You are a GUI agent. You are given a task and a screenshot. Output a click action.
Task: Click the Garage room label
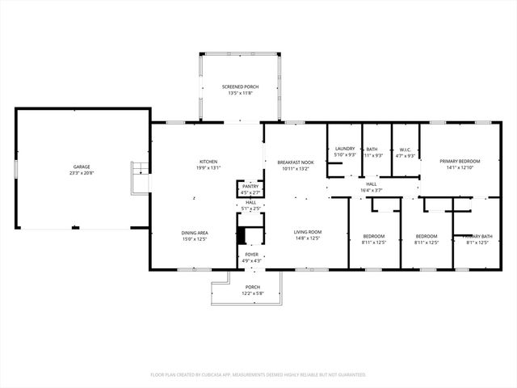(82, 166)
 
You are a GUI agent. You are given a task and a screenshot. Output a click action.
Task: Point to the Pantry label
(250, 186)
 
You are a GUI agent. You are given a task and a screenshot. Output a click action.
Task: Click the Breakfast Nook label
(296, 162)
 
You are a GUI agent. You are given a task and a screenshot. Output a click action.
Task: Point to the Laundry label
(345, 149)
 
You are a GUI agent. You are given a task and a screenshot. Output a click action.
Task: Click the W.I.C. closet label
(406, 149)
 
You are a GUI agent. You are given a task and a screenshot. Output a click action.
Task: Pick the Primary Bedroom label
(460, 161)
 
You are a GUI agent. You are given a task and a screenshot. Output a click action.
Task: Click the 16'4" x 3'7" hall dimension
(372, 190)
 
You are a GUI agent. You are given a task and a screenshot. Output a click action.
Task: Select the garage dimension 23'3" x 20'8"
(82, 173)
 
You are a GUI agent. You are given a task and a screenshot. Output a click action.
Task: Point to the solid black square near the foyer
(240, 235)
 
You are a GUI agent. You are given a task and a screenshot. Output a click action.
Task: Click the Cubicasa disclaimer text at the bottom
(258, 374)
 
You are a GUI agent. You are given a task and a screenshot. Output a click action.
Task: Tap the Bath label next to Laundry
(372, 149)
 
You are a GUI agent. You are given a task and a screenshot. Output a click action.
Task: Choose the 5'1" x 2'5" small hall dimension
(251, 209)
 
